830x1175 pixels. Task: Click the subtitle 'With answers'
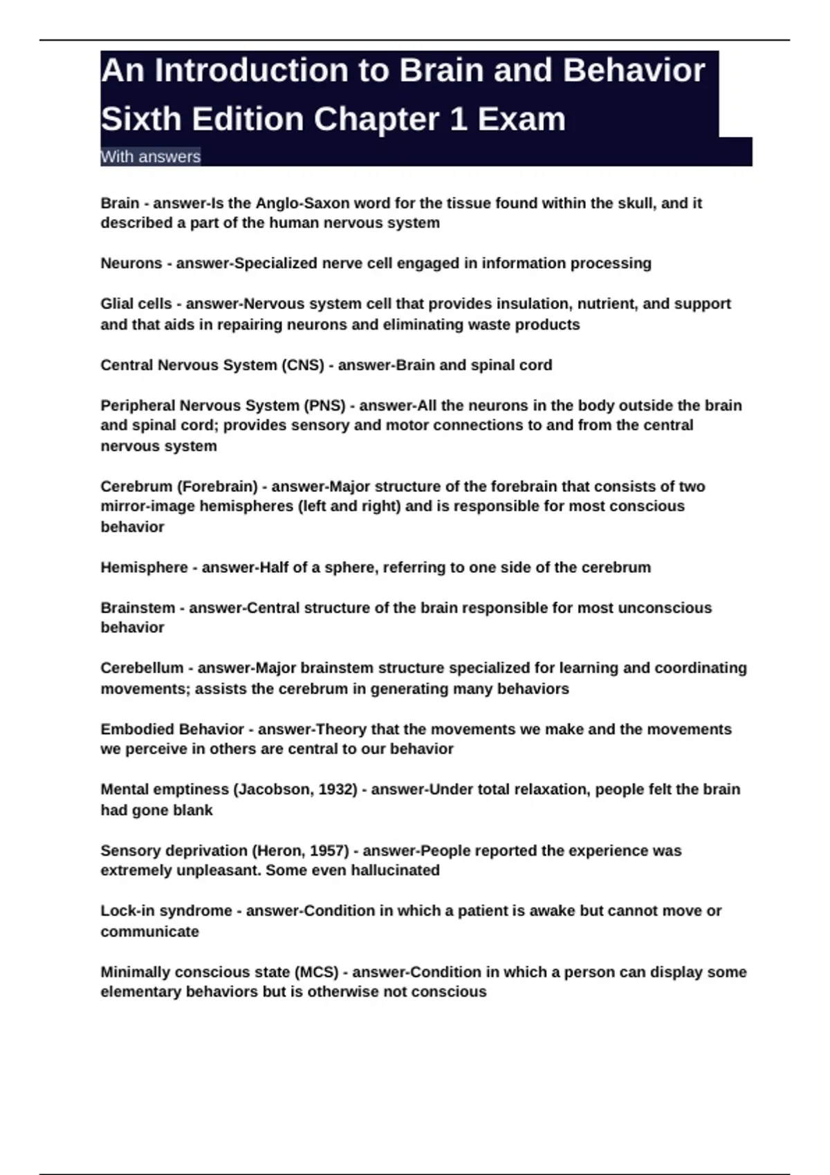pos(150,157)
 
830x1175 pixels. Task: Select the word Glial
pos(116,304)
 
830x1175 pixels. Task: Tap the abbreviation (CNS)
pos(302,365)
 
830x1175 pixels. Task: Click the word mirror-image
pos(147,507)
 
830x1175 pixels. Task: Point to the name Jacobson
pos(274,789)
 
